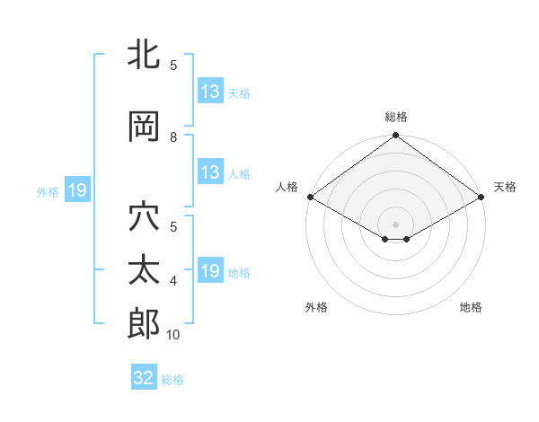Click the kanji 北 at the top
pyautogui.click(x=144, y=56)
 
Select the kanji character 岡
pyautogui.click(x=144, y=127)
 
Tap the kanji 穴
pyautogui.click(x=144, y=218)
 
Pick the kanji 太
pyautogui.click(x=144, y=270)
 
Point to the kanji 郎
pyautogui.click(x=144, y=324)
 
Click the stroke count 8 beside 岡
pyautogui.click(x=173, y=137)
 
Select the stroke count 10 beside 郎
pyautogui.click(x=173, y=335)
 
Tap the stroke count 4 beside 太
pyautogui.click(x=173, y=281)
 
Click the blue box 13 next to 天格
pyautogui.click(x=210, y=92)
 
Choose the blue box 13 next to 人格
pyautogui.click(x=210, y=172)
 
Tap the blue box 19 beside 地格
pyautogui.click(x=210, y=271)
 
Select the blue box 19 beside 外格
pyautogui.click(x=76, y=190)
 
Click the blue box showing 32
pyautogui.click(x=144, y=378)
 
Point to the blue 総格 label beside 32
pyautogui.click(x=172, y=380)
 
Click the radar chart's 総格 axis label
pyautogui.click(x=396, y=117)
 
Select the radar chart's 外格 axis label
pyautogui.click(x=316, y=307)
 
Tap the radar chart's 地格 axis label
pyautogui.click(x=471, y=307)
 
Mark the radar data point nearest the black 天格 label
pyautogui.click(x=482, y=197)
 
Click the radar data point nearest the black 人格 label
pyautogui.click(x=310, y=197)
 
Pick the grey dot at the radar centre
pyautogui.click(x=395, y=223)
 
